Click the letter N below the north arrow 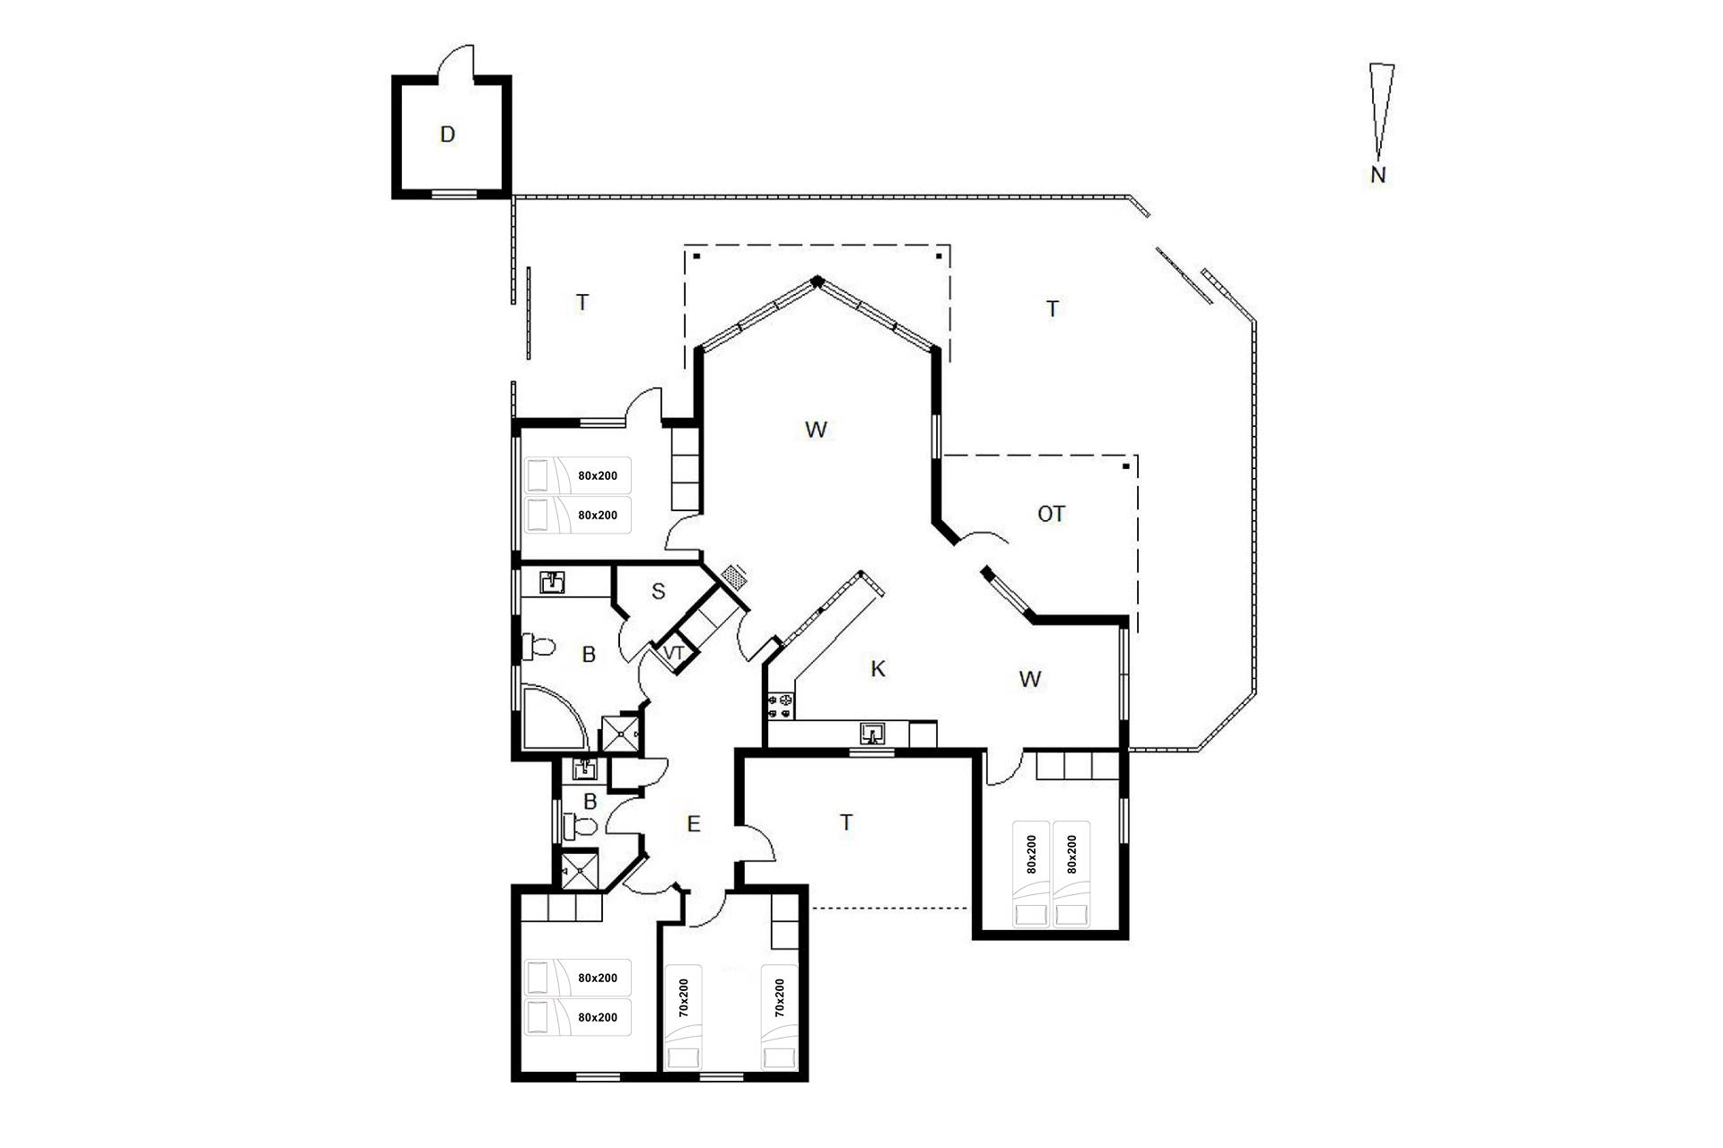pyautogui.click(x=1378, y=175)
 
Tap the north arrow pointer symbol pyautogui.click(x=1381, y=111)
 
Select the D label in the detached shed pyautogui.click(x=448, y=135)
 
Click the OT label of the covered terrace pyautogui.click(x=1051, y=514)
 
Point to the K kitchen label pyautogui.click(x=879, y=668)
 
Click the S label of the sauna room pyautogui.click(x=658, y=591)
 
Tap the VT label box pyautogui.click(x=674, y=653)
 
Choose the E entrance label pyautogui.click(x=693, y=824)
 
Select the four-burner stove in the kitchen pyautogui.click(x=780, y=705)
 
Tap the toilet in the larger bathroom pyautogui.click(x=538, y=646)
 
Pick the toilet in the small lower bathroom pyautogui.click(x=580, y=826)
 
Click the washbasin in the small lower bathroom pyautogui.click(x=584, y=769)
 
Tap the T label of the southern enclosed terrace pyautogui.click(x=846, y=822)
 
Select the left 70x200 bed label pyautogui.click(x=683, y=997)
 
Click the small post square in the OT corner pyautogui.click(x=1125, y=466)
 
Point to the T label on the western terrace pyautogui.click(x=582, y=302)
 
